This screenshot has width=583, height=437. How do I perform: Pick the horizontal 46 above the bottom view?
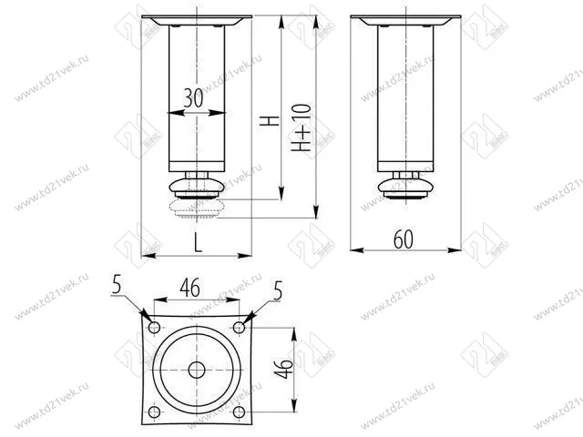coord(189,288)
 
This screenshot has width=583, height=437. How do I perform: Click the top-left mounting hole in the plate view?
coord(153,326)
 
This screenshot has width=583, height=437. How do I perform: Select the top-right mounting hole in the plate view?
coord(240,326)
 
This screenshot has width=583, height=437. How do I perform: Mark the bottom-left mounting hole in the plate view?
coord(153,412)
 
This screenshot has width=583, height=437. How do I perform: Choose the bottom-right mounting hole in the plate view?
coord(240,412)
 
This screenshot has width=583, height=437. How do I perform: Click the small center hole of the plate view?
coord(197,370)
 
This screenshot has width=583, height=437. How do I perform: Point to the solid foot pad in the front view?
coord(197,189)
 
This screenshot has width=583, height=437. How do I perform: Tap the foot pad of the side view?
coord(405,189)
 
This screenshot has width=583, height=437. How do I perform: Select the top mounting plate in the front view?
coord(197,21)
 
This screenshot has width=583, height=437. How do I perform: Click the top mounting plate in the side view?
coord(405,21)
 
